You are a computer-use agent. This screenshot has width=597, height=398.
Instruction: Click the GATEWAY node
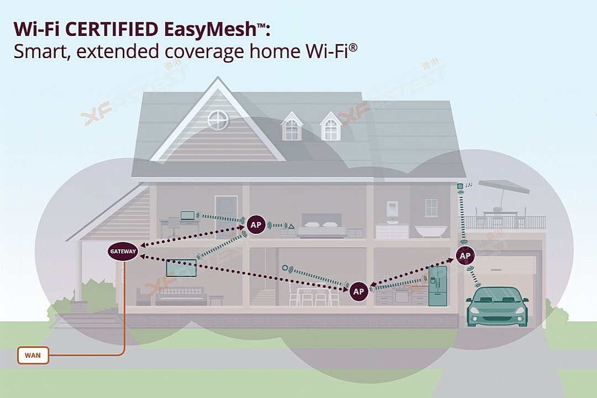tap(122, 252)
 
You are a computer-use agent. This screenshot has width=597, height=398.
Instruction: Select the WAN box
tap(33, 355)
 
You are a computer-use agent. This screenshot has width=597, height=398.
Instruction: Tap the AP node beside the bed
tap(255, 225)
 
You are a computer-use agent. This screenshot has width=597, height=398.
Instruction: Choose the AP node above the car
tap(465, 256)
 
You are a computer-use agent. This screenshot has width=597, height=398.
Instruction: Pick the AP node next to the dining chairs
tap(359, 291)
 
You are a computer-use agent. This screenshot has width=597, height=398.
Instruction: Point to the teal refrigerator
tap(437, 286)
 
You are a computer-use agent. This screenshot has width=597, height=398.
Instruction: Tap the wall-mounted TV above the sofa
tap(181, 268)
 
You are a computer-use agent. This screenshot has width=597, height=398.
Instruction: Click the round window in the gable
tap(218, 119)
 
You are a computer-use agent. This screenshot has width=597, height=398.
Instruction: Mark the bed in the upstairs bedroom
tap(322, 228)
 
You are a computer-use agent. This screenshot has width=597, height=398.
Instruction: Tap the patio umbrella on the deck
tap(503, 186)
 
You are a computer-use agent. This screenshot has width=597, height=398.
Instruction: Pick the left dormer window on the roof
tap(291, 127)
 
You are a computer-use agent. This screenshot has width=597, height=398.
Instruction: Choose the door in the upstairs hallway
tap(226, 213)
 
